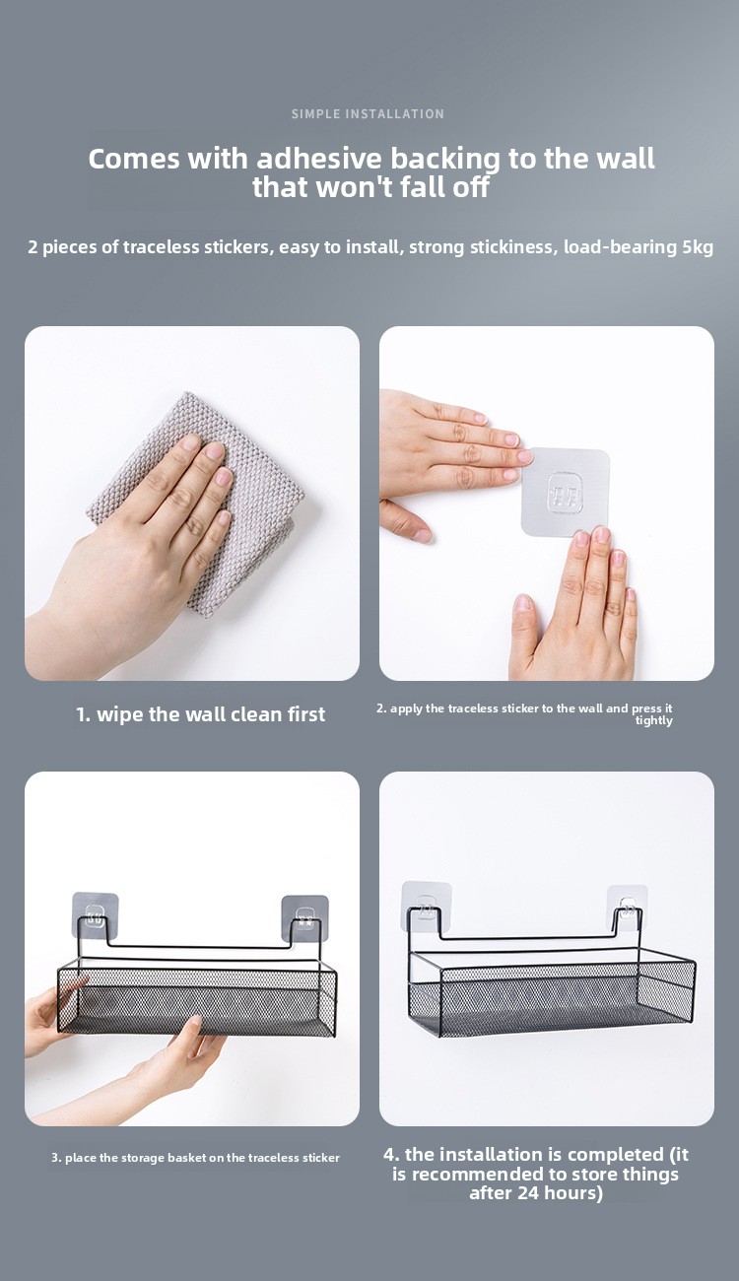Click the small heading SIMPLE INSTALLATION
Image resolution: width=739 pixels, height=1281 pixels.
click(x=368, y=113)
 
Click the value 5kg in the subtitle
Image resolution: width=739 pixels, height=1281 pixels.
click(x=698, y=247)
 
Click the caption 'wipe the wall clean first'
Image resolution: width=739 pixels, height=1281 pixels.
click(x=211, y=714)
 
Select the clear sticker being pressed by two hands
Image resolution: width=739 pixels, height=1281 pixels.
click(x=565, y=493)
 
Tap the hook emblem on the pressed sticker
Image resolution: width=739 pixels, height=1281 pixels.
click(x=566, y=492)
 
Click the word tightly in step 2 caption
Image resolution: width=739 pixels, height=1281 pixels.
click(x=654, y=720)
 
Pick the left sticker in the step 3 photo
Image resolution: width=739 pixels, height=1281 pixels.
click(x=95, y=915)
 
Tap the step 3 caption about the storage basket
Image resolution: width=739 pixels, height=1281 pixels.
click(x=196, y=1158)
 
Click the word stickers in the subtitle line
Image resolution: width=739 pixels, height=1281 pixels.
click(x=236, y=247)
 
